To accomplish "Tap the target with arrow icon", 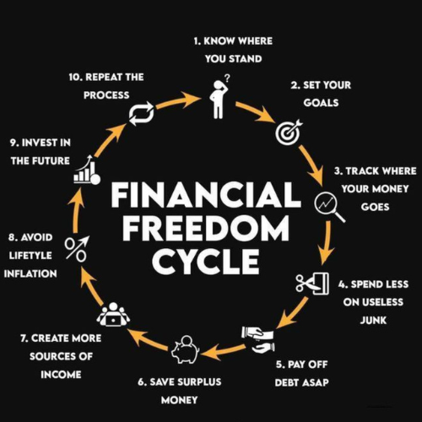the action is (x=289, y=132).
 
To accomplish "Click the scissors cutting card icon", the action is (x=312, y=284).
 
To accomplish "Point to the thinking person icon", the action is (x=220, y=96).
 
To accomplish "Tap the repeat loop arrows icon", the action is (x=142, y=114).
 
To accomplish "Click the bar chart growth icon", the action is (x=87, y=170).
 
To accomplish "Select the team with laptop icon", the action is (x=113, y=314).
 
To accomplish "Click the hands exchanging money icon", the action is (x=257, y=339).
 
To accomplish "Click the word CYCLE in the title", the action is (x=205, y=261).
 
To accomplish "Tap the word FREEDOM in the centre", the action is (x=205, y=227).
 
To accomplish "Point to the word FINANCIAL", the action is (x=206, y=194).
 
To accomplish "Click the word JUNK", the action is (x=373, y=320).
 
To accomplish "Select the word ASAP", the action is (x=316, y=382).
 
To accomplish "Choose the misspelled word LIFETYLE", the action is (x=30, y=256).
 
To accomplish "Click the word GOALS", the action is (x=321, y=103).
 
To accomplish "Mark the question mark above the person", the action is (x=227, y=78).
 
